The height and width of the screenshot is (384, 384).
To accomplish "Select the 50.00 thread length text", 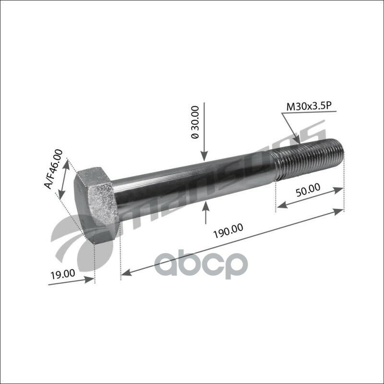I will pyautogui.click(x=307, y=188).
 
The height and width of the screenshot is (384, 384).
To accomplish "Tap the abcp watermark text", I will pyautogui.click(x=201, y=264).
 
